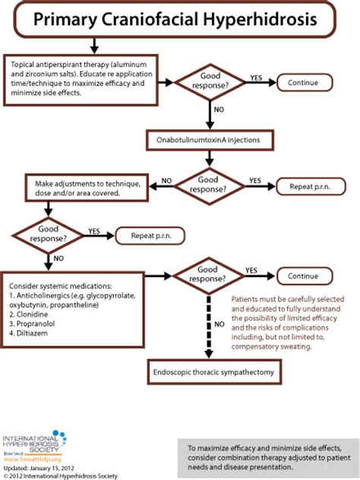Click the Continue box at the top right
tap(308, 81)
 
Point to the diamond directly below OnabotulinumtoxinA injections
tap(210, 186)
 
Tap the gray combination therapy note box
tap(267, 460)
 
